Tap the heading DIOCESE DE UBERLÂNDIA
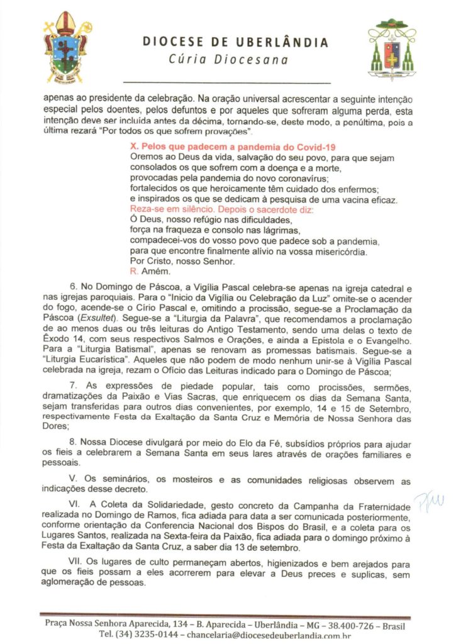(235, 43)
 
